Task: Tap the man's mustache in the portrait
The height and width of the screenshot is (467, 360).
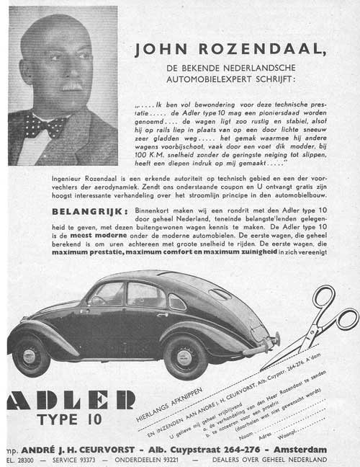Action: point(70,86)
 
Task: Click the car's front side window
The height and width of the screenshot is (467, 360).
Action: point(107,293)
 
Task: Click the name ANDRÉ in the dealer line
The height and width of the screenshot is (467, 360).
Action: point(44,450)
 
